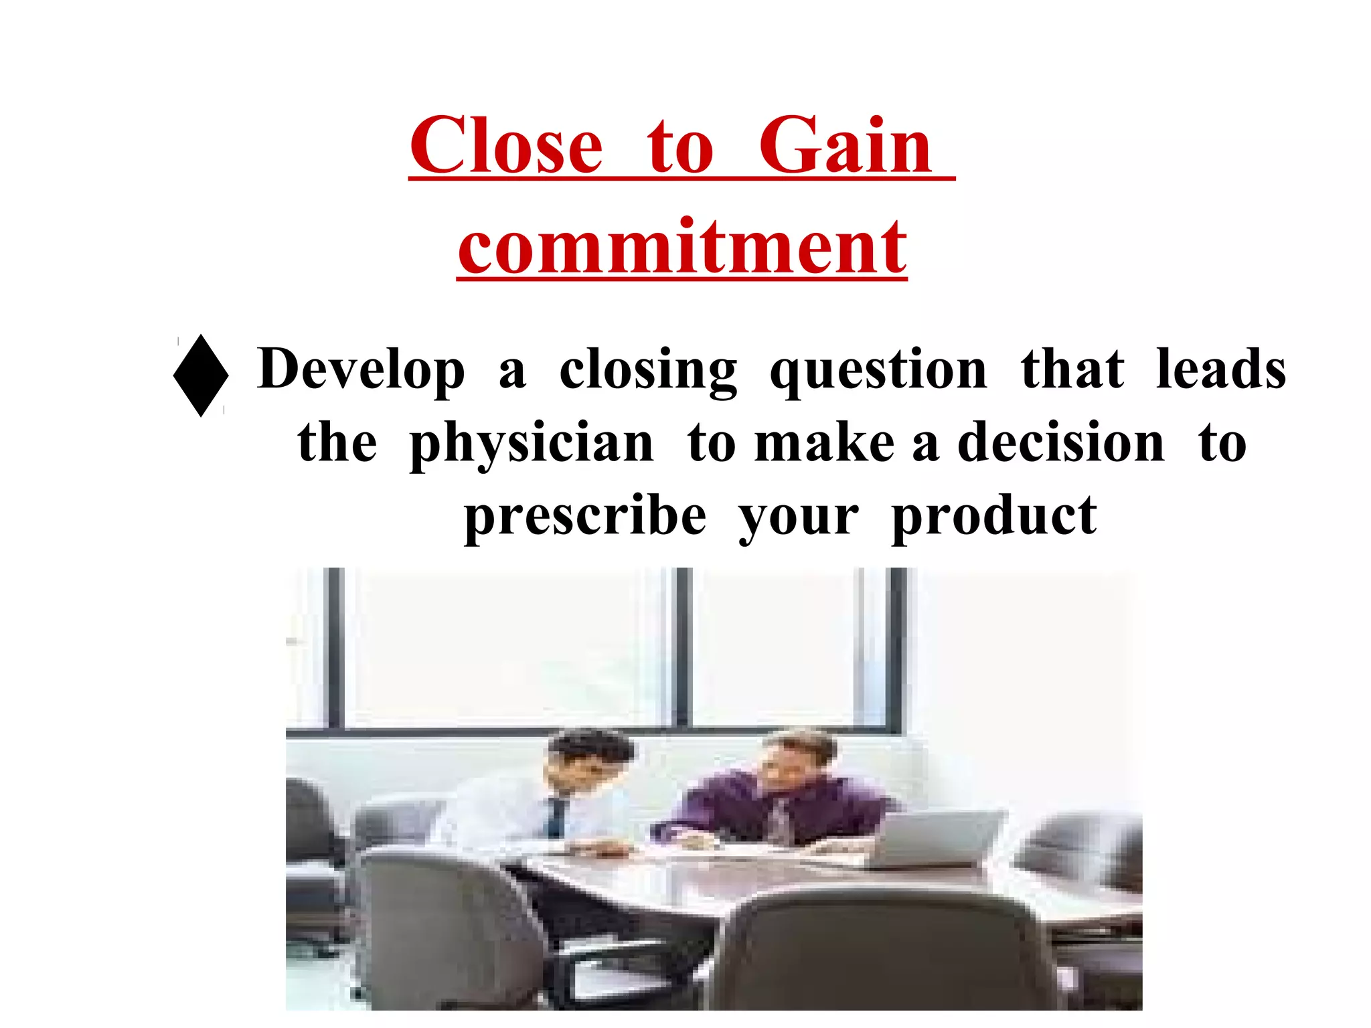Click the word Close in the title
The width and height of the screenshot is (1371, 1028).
[506, 146]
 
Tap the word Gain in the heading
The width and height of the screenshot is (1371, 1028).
[845, 146]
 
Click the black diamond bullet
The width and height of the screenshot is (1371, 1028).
[201, 375]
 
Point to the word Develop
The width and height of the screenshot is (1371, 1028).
[361, 370]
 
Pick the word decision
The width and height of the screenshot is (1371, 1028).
[1061, 443]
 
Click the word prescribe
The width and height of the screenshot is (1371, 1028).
[585, 518]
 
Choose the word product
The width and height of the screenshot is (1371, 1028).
[994, 518]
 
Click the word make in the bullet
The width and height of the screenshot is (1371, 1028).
[824, 443]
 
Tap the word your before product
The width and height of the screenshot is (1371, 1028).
[798, 518]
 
